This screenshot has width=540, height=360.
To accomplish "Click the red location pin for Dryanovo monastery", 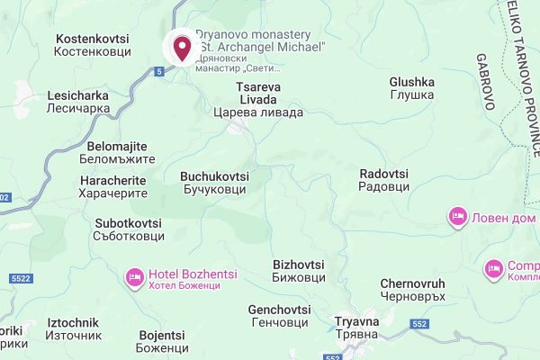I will (x=183, y=47).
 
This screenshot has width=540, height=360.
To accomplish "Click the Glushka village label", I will (x=412, y=89).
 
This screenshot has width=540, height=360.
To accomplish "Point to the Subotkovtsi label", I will (x=128, y=229).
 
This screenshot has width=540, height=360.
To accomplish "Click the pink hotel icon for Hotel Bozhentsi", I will (x=135, y=277).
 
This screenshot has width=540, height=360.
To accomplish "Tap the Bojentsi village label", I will (x=163, y=341).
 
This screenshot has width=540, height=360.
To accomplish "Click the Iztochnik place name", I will (x=73, y=329).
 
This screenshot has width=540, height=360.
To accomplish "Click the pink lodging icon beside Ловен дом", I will (x=457, y=217).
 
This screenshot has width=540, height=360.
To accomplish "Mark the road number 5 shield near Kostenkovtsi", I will (x=158, y=71).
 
